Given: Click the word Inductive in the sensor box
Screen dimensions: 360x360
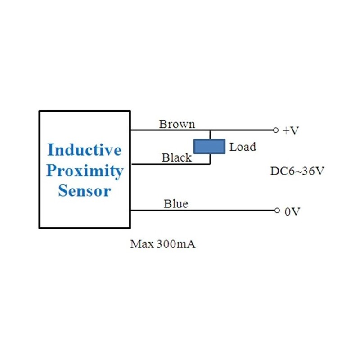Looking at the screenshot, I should pyautogui.click(x=85, y=149).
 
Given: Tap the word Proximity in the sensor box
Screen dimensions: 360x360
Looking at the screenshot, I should pyautogui.click(x=85, y=171).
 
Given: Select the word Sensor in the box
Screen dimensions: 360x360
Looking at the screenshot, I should pyautogui.click(x=85, y=191).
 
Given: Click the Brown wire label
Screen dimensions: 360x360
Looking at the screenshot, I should pyautogui.click(x=177, y=124).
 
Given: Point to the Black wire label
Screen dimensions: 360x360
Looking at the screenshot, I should pyautogui.click(x=176, y=157).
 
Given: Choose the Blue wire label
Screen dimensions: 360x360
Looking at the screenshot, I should pyautogui.click(x=175, y=204).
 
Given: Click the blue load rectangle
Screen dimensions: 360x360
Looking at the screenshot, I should pyautogui.click(x=209, y=147).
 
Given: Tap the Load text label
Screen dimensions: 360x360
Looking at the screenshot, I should pyautogui.click(x=243, y=147).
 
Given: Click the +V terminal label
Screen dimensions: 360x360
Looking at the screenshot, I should pyautogui.click(x=291, y=130).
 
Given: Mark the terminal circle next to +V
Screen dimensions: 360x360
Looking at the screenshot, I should pyautogui.click(x=276, y=130).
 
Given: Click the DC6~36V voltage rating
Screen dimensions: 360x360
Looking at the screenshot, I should pyautogui.click(x=297, y=171).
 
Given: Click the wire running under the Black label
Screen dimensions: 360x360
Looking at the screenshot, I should pyautogui.click(x=171, y=164).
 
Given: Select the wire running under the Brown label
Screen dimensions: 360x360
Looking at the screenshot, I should pyautogui.click(x=171, y=130).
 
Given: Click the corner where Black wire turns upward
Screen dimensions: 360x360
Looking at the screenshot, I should pyautogui.click(x=210, y=164).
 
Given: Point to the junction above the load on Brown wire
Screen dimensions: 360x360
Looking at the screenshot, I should pyautogui.click(x=210, y=130).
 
